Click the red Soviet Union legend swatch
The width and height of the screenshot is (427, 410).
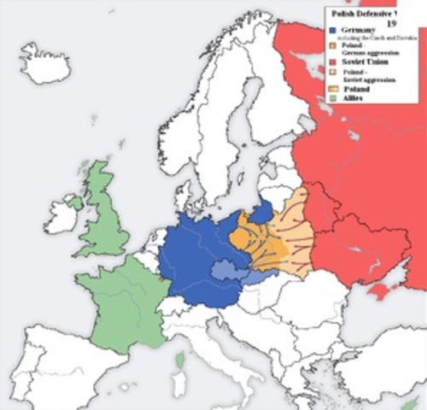click(x=331, y=61)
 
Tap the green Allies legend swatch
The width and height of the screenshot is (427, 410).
click(x=331, y=100)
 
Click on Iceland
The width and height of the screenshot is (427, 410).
click(x=44, y=64)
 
